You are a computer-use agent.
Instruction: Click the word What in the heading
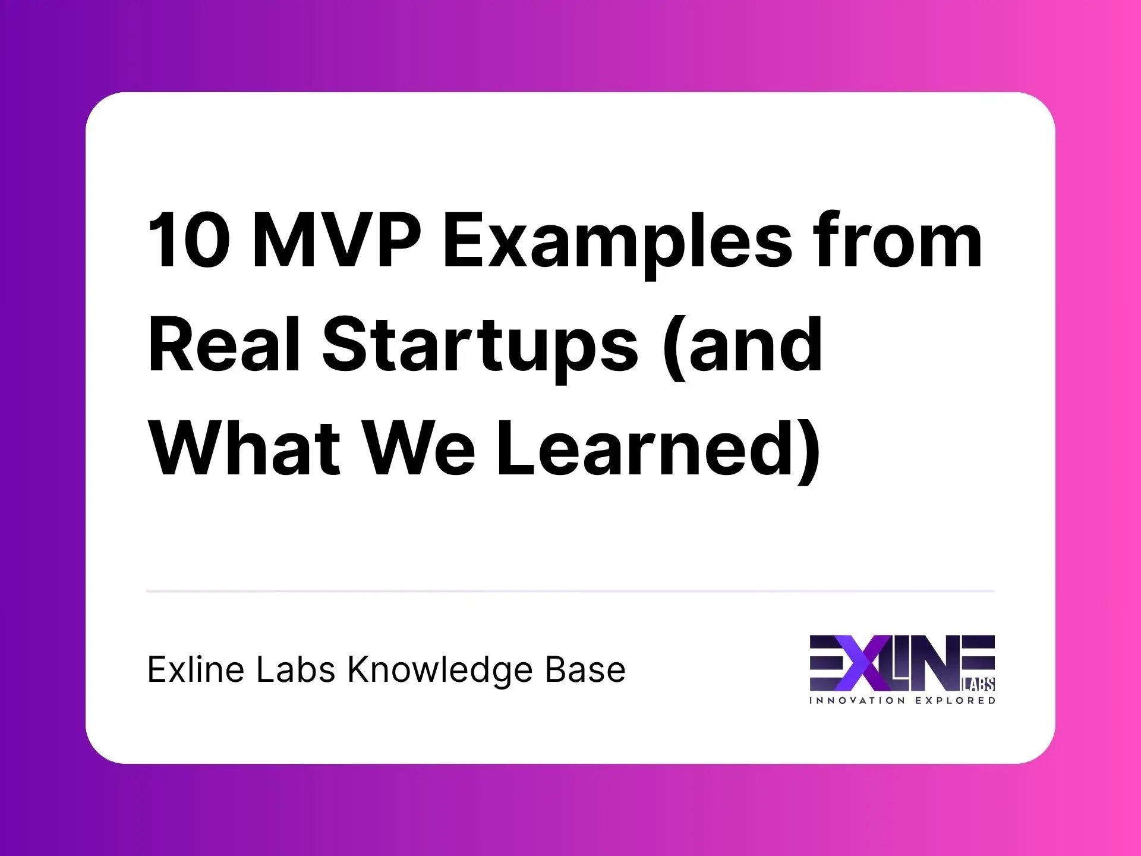(x=244, y=448)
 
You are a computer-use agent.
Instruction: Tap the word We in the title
(x=420, y=448)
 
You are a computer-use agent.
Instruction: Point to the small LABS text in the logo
(x=978, y=685)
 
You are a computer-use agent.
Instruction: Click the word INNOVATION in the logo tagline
(x=857, y=701)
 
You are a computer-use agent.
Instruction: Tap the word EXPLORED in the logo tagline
(x=955, y=701)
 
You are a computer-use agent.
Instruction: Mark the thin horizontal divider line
(x=570, y=591)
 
